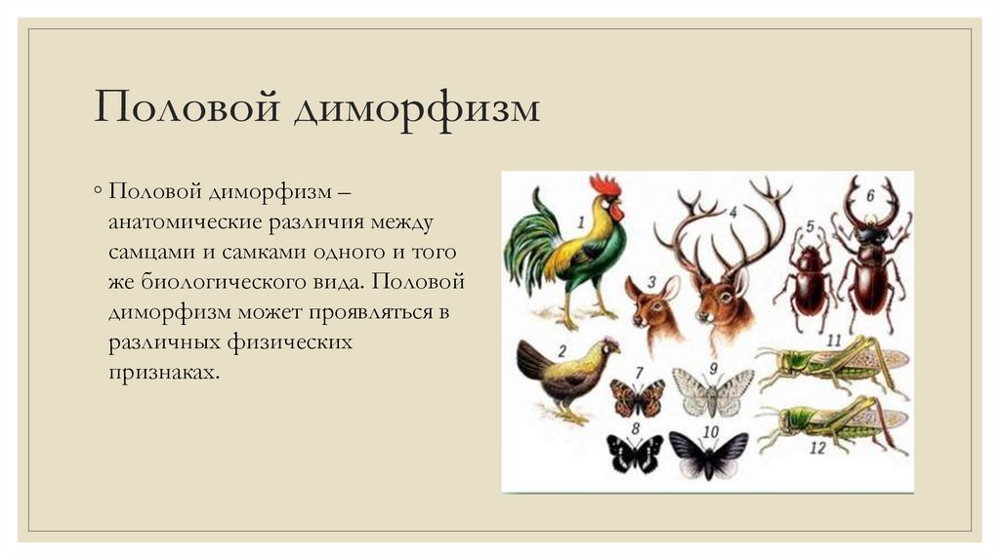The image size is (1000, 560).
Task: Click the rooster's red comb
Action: click(604, 185)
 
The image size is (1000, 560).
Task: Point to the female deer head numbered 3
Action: click(653, 307)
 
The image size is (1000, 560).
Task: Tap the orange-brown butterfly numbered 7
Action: click(638, 397)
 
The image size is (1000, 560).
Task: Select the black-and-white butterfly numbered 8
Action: click(635, 453)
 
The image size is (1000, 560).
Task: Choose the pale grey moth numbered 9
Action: click(715, 392)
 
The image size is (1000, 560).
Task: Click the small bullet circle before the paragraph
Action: click(99, 188)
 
